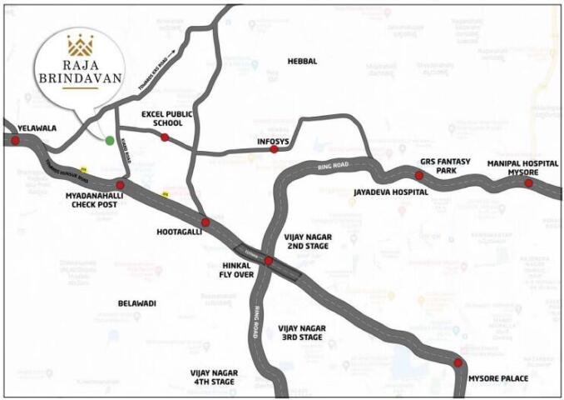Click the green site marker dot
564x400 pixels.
click(110, 139)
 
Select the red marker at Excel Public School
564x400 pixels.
click(165, 137)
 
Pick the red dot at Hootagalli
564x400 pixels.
click(205, 222)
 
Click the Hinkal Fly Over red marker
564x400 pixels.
click(268, 262)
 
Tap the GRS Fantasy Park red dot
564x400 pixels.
click(418, 176)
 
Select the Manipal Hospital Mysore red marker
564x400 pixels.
click(528, 182)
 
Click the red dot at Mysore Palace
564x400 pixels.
click(458, 362)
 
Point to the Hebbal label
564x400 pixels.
click(302, 62)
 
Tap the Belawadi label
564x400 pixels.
click(137, 304)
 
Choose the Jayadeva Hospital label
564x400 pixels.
click(390, 192)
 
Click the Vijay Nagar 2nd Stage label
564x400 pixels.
click(308, 242)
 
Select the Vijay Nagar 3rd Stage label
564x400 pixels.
click(300, 332)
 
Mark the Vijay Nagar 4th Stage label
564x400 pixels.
click(215, 376)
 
